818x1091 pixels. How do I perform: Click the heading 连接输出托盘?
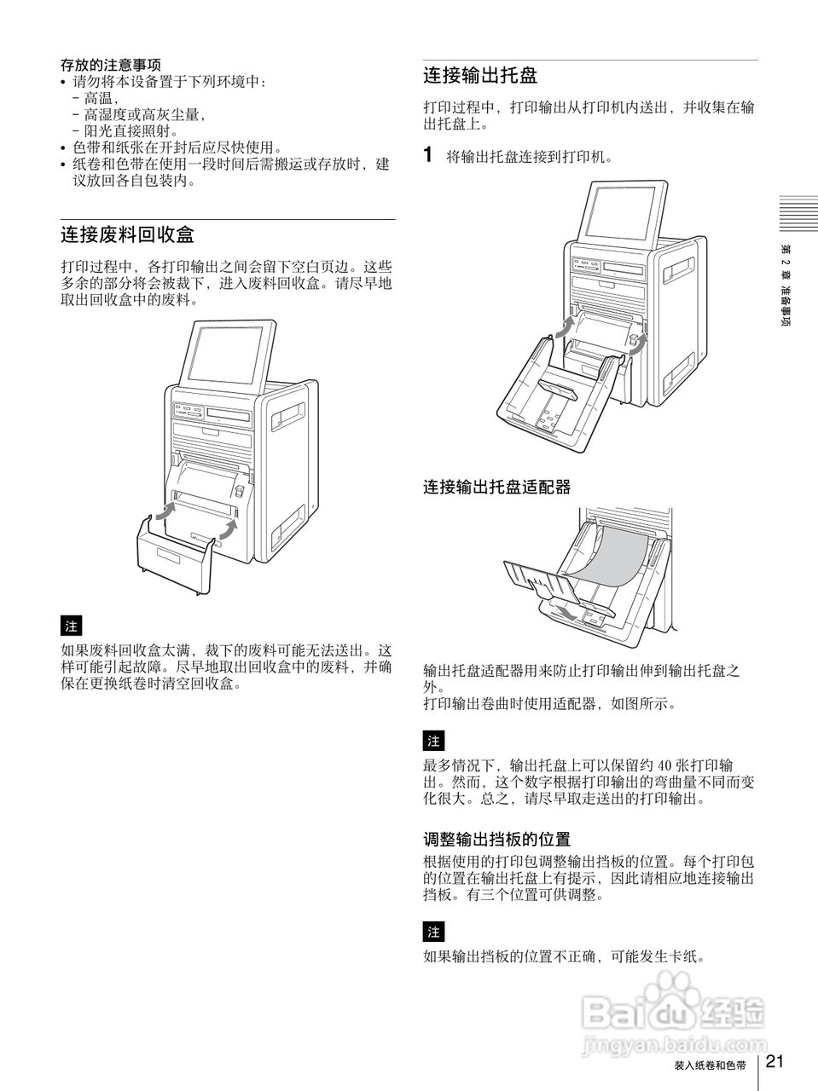(x=480, y=75)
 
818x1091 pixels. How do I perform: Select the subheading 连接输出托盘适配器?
(x=496, y=488)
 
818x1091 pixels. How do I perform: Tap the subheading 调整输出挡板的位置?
(x=496, y=840)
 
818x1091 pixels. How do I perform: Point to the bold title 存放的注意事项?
(x=111, y=65)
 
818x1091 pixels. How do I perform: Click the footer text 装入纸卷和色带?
(x=710, y=1065)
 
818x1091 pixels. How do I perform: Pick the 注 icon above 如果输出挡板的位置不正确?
(x=433, y=931)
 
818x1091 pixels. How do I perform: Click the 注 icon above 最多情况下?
(x=433, y=740)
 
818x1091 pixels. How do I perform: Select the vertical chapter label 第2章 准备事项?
(x=785, y=290)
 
